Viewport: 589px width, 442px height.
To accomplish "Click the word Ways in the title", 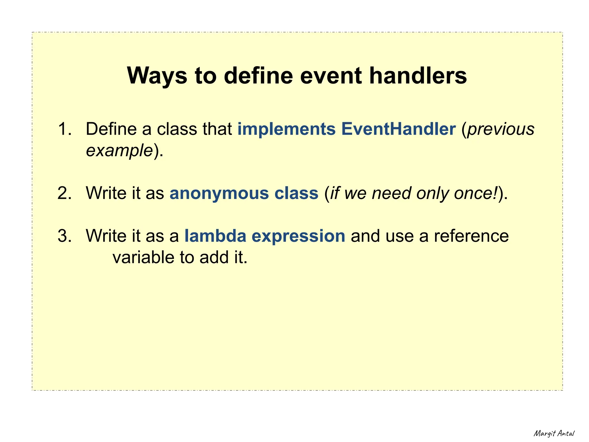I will point(157,76).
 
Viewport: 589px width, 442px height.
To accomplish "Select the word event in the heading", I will point(331,76).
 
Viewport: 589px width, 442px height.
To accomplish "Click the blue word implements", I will point(286,129).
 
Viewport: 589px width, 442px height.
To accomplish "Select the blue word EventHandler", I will point(398,129).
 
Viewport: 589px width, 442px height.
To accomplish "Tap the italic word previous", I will point(501,129).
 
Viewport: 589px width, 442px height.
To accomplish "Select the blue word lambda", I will point(215,236).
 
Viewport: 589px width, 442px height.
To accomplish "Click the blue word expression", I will point(298,236).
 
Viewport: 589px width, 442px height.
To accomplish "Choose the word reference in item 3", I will point(471,236).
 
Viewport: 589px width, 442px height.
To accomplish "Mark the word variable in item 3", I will point(144,257).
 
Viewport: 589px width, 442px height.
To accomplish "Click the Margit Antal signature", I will point(554,433).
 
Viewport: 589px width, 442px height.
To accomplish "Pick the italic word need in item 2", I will point(391,193).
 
